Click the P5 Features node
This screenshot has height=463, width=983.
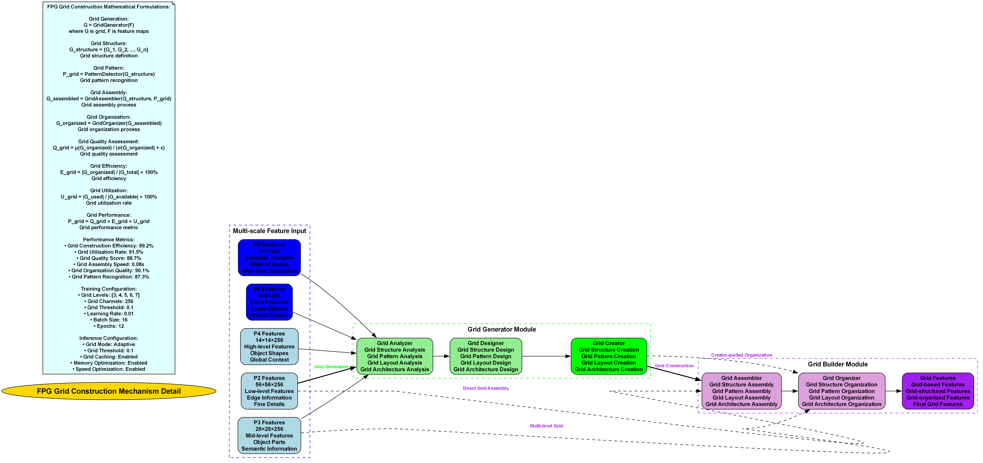(269, 257)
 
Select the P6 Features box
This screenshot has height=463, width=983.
(269, 302)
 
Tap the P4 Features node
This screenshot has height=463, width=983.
(269, 346)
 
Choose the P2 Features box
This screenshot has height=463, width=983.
(269, 391)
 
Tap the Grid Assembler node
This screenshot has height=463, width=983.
(741, 391)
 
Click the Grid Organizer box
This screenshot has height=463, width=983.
(841, 391)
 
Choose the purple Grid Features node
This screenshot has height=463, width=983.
(938, 391)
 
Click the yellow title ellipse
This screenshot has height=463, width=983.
(109, 391)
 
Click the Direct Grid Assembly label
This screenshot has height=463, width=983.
(485, 388)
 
